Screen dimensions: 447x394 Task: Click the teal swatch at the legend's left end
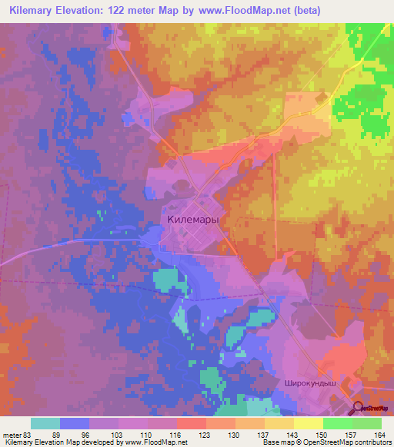pyautogui.click(x=45, y=423)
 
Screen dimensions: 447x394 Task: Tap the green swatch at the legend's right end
pyautogui.click(x=367, y=423)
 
